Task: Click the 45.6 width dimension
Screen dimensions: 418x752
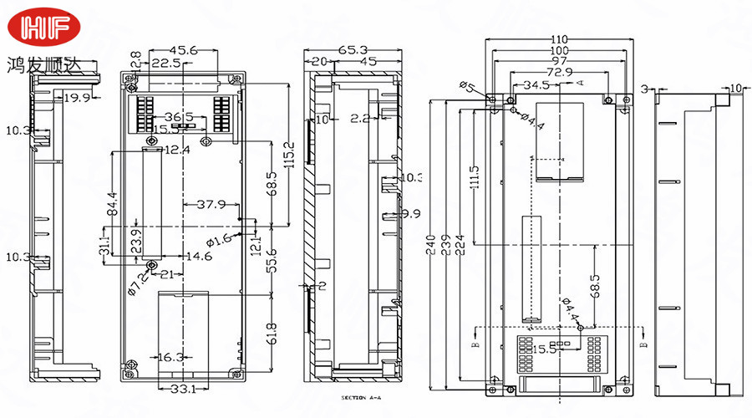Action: [x=183, y=51]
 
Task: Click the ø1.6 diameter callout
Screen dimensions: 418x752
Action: [x=218, y=242]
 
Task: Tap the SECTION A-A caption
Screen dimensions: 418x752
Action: [x=363, y=399]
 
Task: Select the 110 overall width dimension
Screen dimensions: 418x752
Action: [x=559, y=39]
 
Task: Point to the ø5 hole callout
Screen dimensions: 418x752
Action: [x=467, y=86]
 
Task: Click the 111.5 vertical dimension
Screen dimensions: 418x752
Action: [x=475, y=176]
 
